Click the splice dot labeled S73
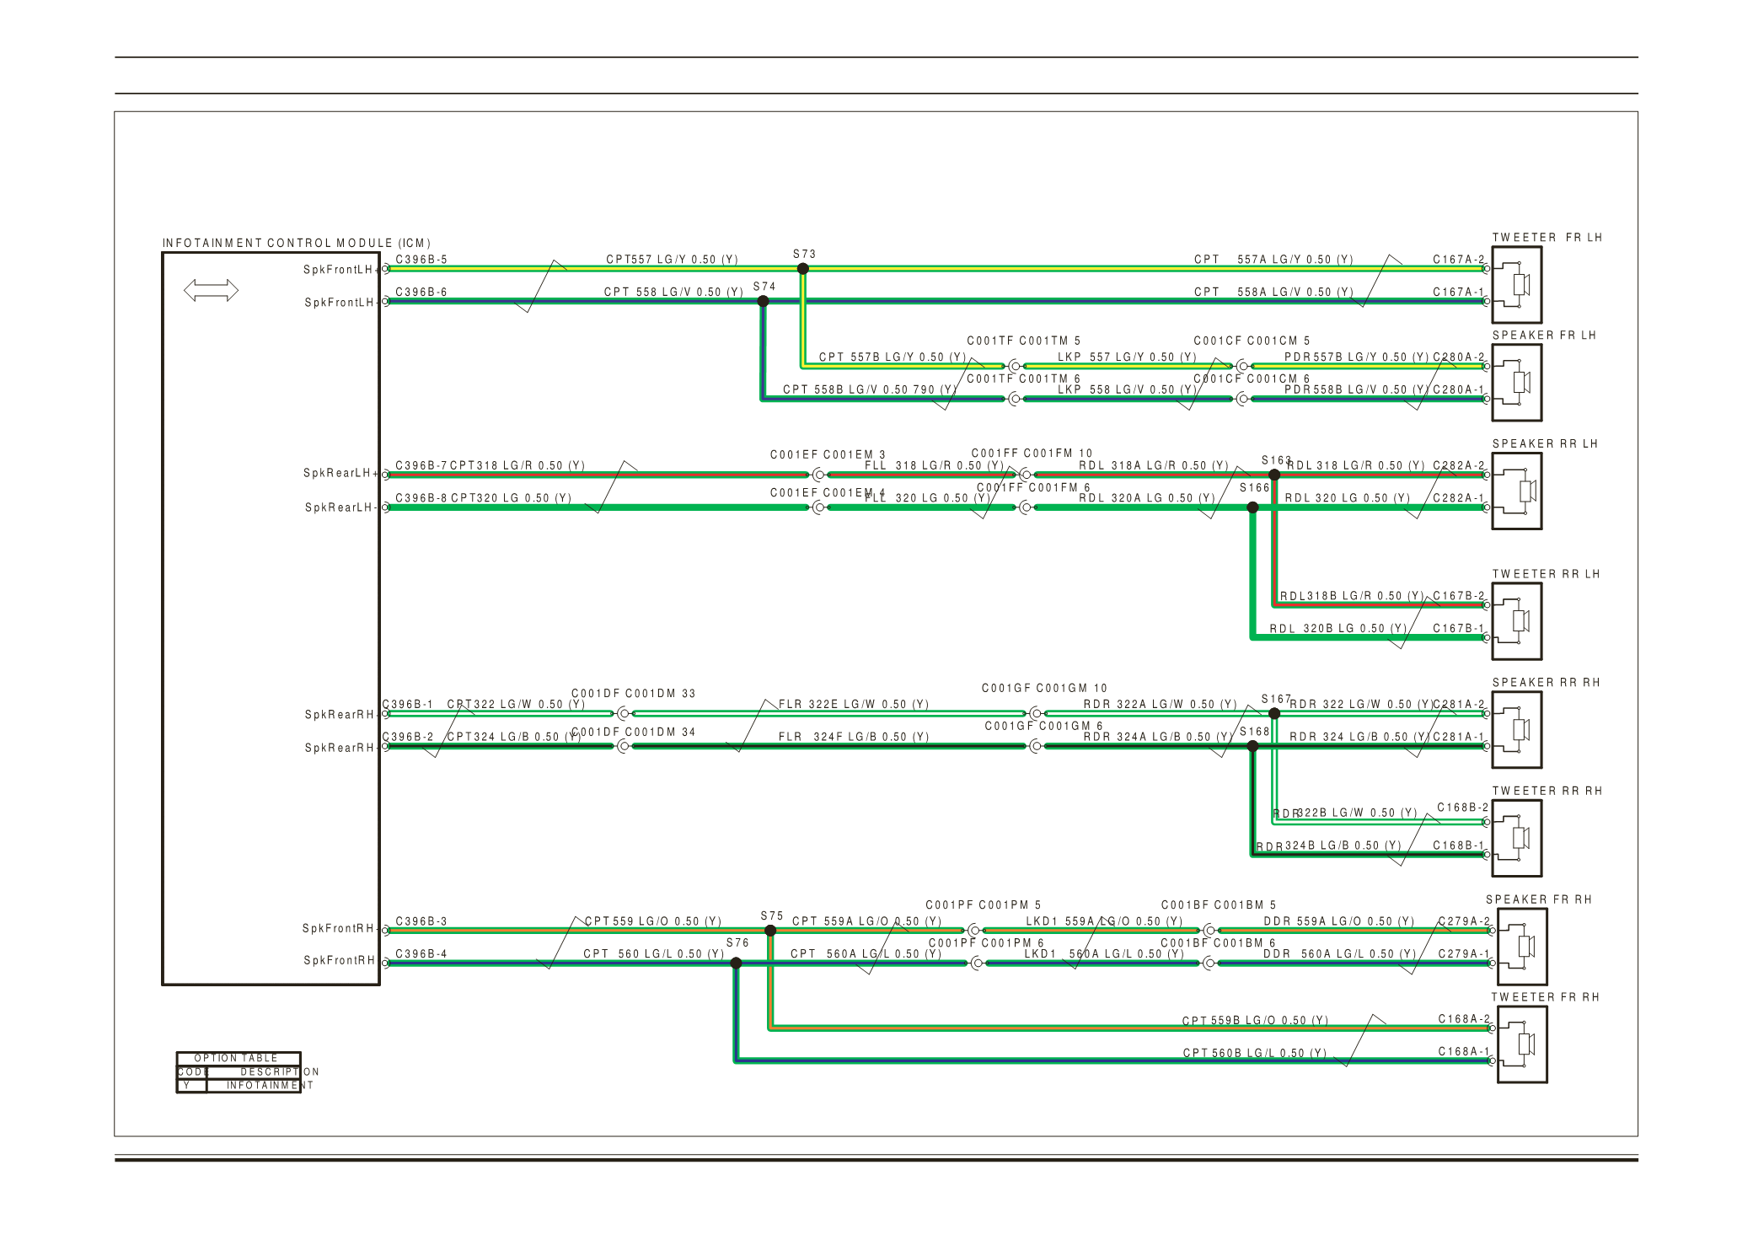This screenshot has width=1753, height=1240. [x=803, y=269]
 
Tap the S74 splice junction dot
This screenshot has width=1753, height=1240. [x=764, y=301]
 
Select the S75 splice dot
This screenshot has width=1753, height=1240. [x=770, y=931]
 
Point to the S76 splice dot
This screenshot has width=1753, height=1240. [x=736, y=963]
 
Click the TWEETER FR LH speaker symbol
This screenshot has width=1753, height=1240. [x=1517, y=285]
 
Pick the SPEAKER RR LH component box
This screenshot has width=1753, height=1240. [x=1517, y=491]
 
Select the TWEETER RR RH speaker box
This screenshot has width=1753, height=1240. [x=1517, y=838]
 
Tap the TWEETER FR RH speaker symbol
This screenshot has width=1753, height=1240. [x=1522, y=1044]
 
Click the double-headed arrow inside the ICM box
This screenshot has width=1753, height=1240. [x=211, y=291]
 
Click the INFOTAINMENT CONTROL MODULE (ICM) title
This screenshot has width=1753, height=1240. [x=297, y=244]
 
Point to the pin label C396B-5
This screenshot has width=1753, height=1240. [x=421, y=260]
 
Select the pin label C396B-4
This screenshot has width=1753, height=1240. [x=421, y=954]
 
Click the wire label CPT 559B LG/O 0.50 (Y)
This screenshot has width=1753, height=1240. [x=1255, y=1021]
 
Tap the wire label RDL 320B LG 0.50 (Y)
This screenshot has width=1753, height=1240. [x=1338, y=629]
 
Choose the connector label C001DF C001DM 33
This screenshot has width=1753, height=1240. [x=634, y=694]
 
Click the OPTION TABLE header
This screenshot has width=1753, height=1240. [x=236, y=1059]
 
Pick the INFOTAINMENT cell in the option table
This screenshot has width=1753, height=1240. [x=269, y=1086]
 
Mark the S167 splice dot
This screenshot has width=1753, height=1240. [x=1274, y=714]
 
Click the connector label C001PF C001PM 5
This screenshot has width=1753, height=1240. [x=984, y=905]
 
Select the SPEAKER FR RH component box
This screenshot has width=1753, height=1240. [x=1522, y=947]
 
